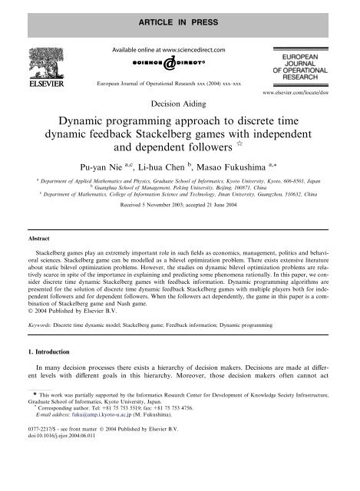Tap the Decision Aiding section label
tap(180, 99)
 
